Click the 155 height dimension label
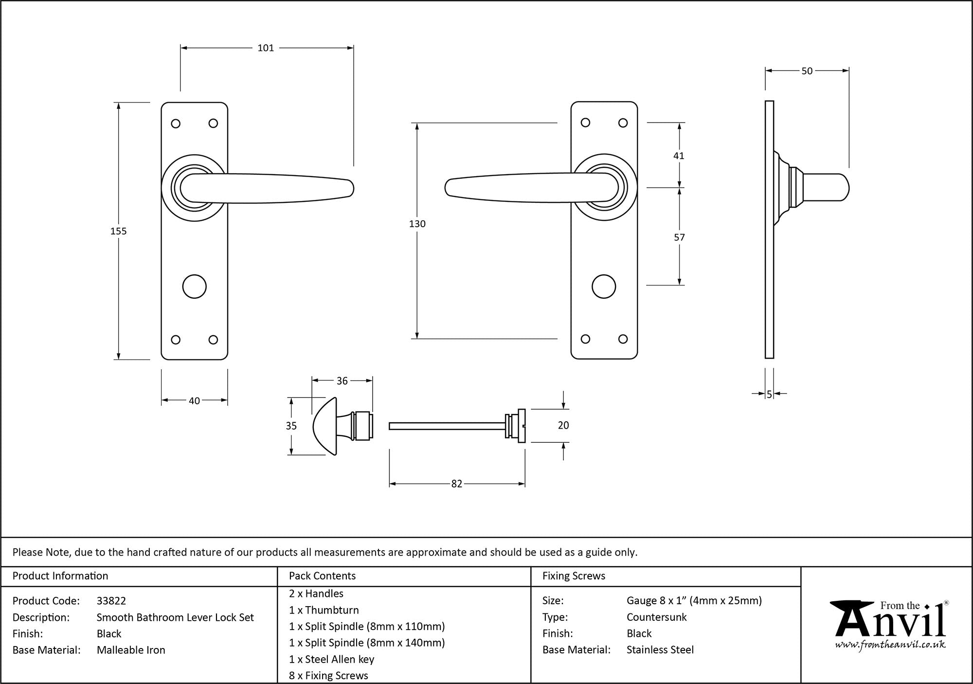(118, 231)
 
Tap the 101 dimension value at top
(266, 48)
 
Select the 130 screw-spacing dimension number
(417, 224)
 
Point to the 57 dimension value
(679, 237)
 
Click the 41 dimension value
(679, 156)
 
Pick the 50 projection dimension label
(807, 71)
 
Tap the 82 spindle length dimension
(456, 484)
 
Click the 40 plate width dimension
(194, 401)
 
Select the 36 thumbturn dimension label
(342, 381)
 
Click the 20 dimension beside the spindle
(563, 425)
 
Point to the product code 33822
(111, 601)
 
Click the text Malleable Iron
(131, 650)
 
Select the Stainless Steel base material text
(660, 649)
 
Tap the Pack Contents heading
(322, 576)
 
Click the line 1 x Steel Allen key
(331, 659)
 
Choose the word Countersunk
(656, 617)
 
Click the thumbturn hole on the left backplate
(194, 287)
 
